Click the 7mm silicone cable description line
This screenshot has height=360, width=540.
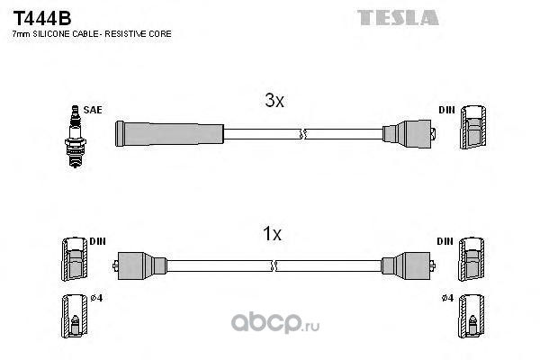click(x=91, y=33)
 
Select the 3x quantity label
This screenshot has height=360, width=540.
click(x=274, y=102)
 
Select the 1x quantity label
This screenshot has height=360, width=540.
click(x=272, y=235)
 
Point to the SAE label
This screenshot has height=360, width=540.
click(x=92, y=110)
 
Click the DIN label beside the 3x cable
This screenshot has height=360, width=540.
click(x=446, y=110)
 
